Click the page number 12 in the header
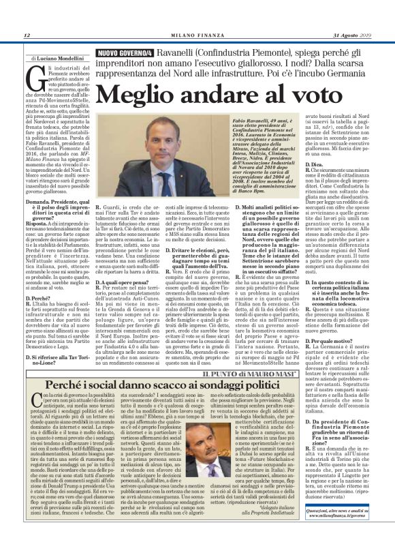tap(26, 35)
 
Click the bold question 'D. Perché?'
tap(37, 299)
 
